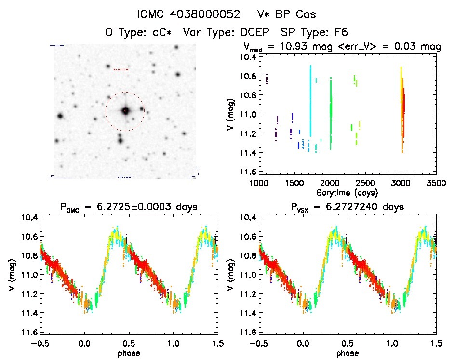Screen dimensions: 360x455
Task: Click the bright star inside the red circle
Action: pos(125,111)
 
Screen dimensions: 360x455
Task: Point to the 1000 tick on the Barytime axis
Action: pos(259,183)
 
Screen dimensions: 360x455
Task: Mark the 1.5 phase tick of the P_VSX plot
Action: pos(436,344)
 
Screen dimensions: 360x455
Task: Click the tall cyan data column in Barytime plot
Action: pos(310,101)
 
